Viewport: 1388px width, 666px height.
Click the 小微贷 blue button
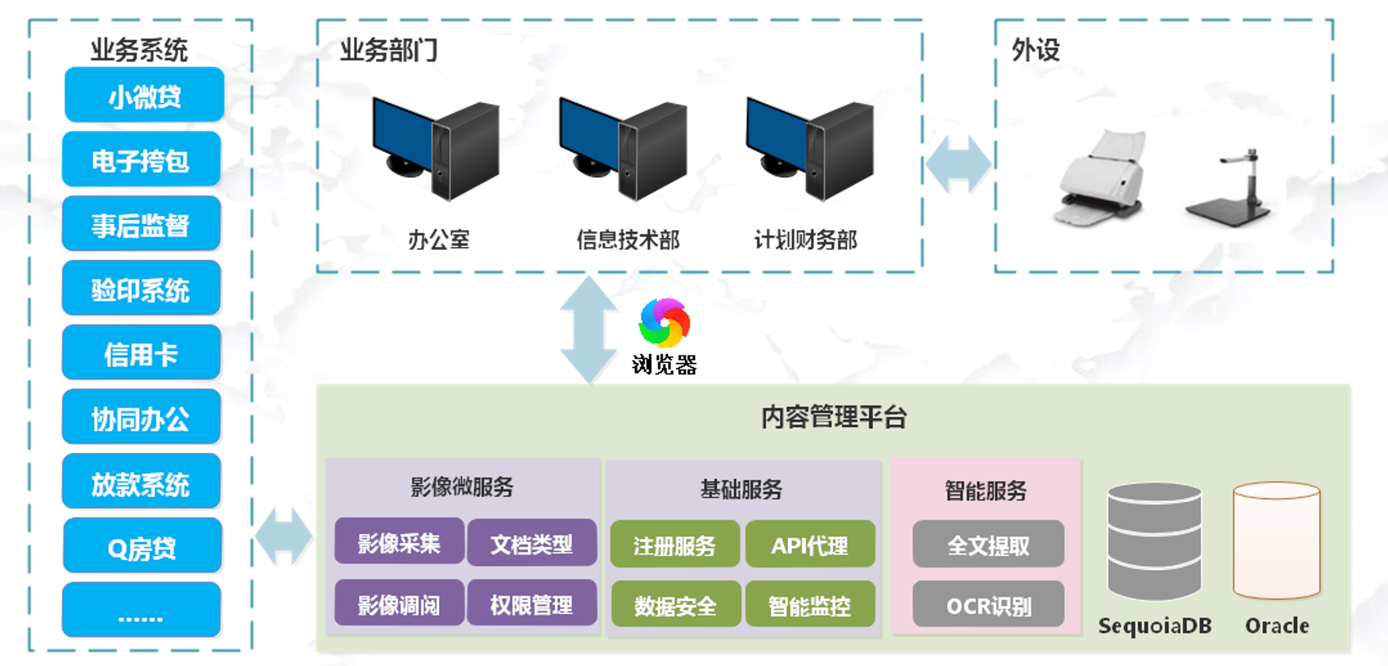click(x=145, y=95)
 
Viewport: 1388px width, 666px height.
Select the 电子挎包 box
click(x=141, y=160)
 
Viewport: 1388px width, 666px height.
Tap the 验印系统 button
click(x=141, y=289)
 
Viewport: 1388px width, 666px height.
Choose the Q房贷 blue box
click(x=142, y=547)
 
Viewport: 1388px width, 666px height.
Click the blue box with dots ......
click(x=141, y=611)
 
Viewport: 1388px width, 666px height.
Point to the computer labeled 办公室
click(x=436, y=148)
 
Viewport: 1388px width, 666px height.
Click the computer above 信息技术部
click(x=623, y=148)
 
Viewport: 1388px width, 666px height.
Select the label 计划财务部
click(x=805, y=239)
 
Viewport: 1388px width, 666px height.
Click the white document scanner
click(x=1102, y=178)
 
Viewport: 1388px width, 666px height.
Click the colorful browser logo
click(x=664, y=322)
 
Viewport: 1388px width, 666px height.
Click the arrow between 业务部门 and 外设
click(x=958, y=165)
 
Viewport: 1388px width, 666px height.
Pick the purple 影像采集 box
click(x=399, y=543)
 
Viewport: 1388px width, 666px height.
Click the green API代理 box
click(x=810, y=545)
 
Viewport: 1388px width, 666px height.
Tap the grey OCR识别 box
click(x=988, y=605)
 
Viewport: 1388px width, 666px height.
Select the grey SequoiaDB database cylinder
click(x=1154, y=542)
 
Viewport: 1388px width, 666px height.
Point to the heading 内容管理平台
click(x=833, y=416)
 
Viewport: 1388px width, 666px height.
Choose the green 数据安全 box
click(x=676, y=605)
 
